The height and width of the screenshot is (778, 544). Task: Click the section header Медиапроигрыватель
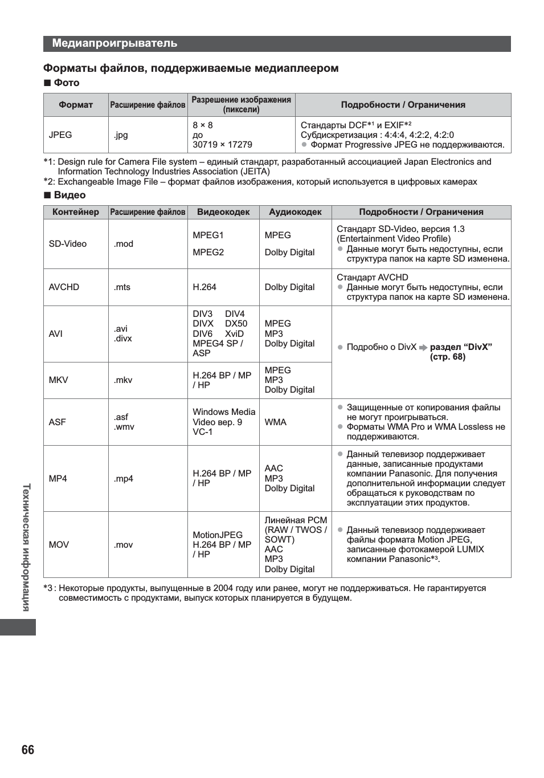(114, 43)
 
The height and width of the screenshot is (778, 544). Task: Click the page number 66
(28, 750)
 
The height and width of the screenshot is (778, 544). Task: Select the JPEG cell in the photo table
(60, 135)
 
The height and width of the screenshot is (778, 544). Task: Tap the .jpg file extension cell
(121, 135)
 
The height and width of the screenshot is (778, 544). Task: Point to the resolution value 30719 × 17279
(222, 145)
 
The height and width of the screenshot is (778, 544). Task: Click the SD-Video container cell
(68, 244)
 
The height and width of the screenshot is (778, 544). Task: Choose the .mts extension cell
(122, 287)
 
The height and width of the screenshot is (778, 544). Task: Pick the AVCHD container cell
(64, 287)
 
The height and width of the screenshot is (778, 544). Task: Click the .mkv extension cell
(123, 380)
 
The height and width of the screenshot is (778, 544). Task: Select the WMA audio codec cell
(276, 422)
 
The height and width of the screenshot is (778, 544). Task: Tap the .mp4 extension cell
(123, 479)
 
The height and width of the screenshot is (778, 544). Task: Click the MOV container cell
(59, 545)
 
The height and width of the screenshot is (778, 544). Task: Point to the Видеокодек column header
(223, 212)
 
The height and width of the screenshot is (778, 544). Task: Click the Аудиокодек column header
(295, 212)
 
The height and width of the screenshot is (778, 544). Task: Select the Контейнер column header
(76, 212)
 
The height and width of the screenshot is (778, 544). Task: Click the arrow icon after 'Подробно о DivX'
(423, 348)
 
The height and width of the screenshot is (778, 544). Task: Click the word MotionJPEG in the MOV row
(218, 535)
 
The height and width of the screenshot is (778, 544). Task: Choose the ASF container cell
(58, 422)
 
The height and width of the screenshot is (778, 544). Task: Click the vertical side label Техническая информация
(26, 547)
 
